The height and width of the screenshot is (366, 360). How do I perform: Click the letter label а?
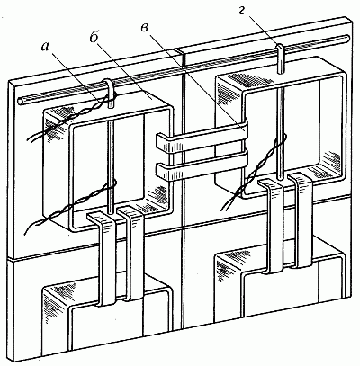pyautogui.click(x=45, y=48)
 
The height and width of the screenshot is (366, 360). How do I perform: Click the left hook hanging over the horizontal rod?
pyautogui.click(x=110, y=93)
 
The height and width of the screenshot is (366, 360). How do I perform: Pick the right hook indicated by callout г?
pyautogui.click(x=279, y=58)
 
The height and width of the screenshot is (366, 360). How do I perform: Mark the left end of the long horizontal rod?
pyautogui.click(x=21, y=102)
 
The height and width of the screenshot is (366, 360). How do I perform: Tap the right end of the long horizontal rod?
pyautogui.click(x=346, y=38)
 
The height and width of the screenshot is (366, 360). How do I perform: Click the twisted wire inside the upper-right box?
pyautogui.click(x=255, y=172)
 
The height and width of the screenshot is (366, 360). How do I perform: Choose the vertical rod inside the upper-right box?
pyautogui.click(x=280, y=132)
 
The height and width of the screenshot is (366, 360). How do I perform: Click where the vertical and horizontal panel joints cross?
pyautogui.click(x=182, y=227)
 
